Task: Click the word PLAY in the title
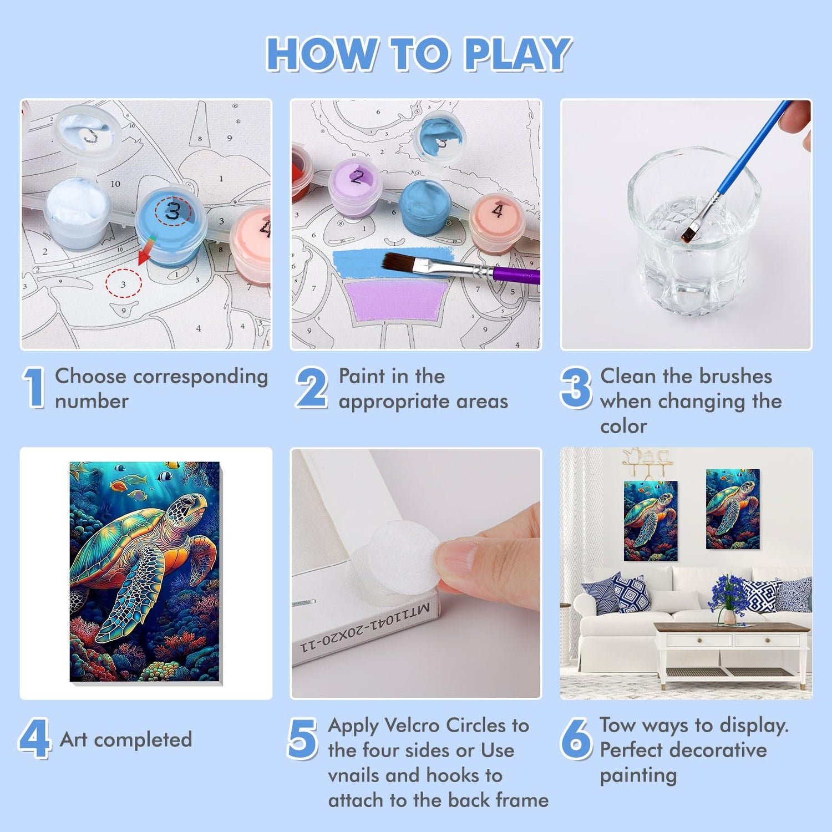(516, 54)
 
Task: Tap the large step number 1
(34, 388)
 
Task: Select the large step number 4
(34, 738)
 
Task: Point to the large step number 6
(576, 738)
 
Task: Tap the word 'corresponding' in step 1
(201, 377)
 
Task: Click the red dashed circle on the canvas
(123, 283)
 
